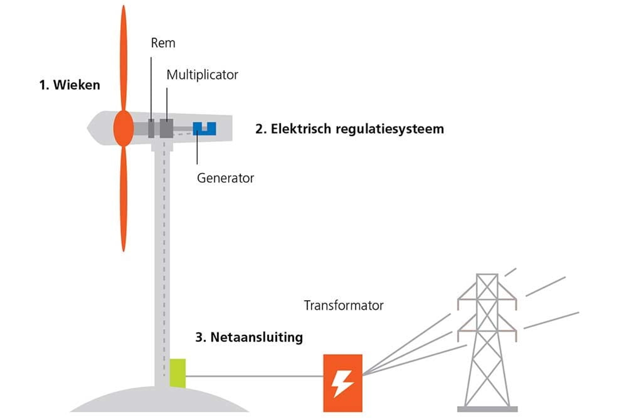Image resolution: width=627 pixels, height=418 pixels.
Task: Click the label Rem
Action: (163, 43)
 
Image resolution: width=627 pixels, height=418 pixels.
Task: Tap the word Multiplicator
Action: (202, 75)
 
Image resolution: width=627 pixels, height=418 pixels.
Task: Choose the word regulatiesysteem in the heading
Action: (390, 129)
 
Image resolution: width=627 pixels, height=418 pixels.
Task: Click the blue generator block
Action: (205, 129)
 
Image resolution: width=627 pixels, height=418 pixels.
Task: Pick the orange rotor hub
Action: (123, 128)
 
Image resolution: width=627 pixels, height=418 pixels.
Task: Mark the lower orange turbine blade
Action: (123, 199)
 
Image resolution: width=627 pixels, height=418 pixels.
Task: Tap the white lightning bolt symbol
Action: (342, 383)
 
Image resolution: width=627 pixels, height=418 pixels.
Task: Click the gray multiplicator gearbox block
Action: (166, 128)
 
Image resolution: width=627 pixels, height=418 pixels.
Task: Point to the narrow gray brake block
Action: (151, 128)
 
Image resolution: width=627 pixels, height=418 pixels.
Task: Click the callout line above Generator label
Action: (197, 147)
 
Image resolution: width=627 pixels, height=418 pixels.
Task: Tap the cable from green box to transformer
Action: (254, 376)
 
